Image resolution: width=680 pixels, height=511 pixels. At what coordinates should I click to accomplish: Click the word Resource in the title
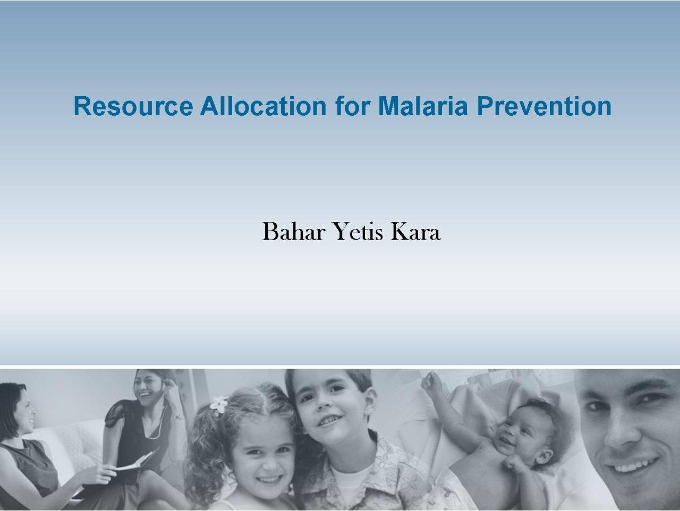[x=133, y=106]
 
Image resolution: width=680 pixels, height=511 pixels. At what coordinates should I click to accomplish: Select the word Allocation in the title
[x=263, y=106]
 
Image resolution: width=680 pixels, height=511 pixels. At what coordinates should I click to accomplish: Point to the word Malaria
[x=423, y=106]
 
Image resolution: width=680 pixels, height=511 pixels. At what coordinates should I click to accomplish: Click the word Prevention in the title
[x=545, y=106]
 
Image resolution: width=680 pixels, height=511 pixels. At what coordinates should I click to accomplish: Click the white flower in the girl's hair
[x=219, y=404]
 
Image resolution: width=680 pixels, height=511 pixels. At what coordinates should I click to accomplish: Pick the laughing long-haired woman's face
[x=148, y=392]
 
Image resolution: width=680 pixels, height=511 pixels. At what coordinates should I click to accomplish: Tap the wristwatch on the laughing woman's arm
[x=178, y=417]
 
